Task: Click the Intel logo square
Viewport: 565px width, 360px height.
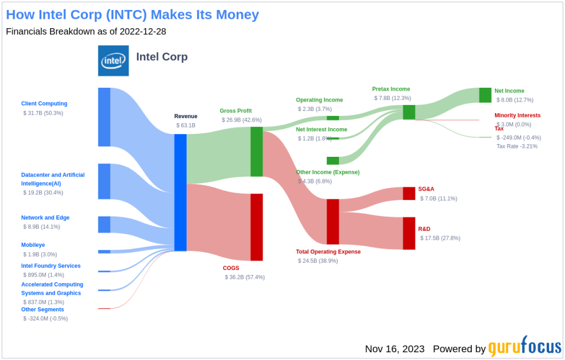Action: pos(113,61)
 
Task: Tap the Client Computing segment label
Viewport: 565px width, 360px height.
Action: pos(44,103)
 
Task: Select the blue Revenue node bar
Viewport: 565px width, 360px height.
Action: pos(180,192)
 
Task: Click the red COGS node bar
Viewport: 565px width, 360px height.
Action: pos(257,227)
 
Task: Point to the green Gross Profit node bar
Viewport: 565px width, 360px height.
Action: pos(257,151)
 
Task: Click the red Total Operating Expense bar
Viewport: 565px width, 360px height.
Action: pos(333,221)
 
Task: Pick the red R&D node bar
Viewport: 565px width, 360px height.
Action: pos(409,233)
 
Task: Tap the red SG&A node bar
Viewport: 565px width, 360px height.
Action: pos(409,193)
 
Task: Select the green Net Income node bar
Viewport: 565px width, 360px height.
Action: pos(485,95)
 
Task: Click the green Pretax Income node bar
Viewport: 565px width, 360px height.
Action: pos(409,112)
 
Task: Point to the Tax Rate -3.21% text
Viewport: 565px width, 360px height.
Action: pos(516,146)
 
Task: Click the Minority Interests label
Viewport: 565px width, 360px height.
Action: pos(518,115)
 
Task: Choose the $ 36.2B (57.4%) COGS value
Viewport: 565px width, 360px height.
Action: pos(244,277)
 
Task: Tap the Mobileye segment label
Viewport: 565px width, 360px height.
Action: pos(34,245)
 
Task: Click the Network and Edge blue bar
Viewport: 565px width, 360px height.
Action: pos(104,225)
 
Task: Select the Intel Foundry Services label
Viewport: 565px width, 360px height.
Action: pos(51,266)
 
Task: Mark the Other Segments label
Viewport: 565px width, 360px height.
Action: pos(42,309)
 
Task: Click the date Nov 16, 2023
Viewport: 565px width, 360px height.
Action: pos(395,349)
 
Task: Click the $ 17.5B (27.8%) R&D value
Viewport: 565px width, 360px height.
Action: pos(440,238)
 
